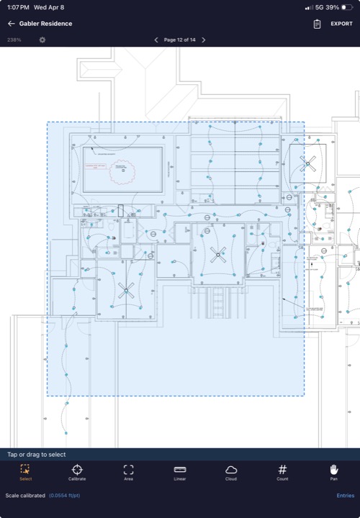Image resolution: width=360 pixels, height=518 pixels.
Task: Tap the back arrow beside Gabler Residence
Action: point(12,24)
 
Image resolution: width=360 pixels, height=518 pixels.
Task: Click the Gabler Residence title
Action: point(45,24)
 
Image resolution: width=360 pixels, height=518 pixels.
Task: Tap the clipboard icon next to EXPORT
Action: point(317,24)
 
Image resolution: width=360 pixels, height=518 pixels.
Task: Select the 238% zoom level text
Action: point(14,40)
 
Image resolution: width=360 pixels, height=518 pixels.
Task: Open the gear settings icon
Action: point(42,40)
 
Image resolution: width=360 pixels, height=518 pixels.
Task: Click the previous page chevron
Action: point(157,40)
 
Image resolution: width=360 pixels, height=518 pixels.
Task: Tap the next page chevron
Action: point(204,40)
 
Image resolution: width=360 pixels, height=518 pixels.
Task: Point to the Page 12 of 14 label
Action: point(180,40)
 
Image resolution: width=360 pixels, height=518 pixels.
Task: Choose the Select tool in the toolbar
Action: point(26,472)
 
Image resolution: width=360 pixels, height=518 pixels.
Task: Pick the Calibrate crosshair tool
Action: point(77,472)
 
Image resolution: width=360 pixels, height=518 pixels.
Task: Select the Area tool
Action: point(128,472)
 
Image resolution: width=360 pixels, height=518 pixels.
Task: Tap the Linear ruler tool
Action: point(180,472)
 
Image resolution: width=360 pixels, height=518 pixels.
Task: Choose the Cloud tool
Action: point(231,472)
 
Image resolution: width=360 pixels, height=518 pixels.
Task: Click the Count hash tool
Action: point(282,472)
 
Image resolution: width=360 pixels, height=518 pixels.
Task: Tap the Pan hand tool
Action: point(333,472)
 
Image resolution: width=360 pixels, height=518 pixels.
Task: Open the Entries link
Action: point(345,496)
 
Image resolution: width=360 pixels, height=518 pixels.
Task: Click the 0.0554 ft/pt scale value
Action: point(66,496)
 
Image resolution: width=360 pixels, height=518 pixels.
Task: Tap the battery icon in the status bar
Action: point(347,7)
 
